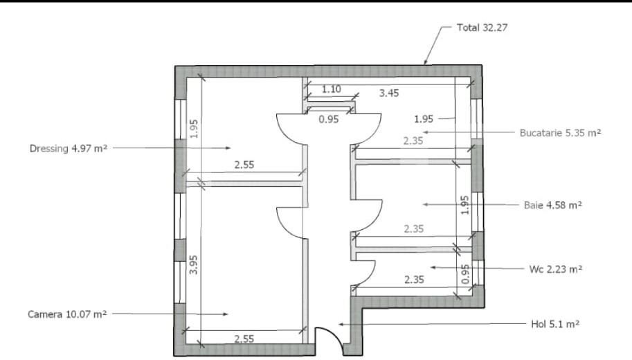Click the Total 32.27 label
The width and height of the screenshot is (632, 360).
point(482,28)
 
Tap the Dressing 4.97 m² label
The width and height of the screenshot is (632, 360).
point(68,147)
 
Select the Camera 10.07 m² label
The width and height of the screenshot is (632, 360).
point(67,314)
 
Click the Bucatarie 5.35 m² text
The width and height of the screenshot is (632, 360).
point(560,132)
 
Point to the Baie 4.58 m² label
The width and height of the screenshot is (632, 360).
point(552,205)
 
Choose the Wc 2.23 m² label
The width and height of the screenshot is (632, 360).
point(554,269)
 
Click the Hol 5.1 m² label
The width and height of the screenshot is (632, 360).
point(552,323)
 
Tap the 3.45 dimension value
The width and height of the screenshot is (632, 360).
point(388,92)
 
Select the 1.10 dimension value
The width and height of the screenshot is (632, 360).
point(332,89)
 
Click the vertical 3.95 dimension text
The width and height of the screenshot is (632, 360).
point(195,265)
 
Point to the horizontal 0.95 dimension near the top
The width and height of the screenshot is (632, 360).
point(328,119)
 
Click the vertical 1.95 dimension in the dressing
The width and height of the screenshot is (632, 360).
point(195,129)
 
